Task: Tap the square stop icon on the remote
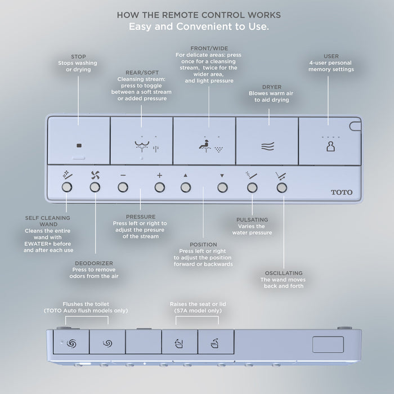79,146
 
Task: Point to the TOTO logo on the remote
342,192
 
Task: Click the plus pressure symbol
159,175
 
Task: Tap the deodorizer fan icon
95,174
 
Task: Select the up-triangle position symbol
185,175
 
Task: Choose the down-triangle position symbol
222,175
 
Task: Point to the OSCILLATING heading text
282,272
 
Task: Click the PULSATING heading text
252,219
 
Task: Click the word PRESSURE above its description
140,216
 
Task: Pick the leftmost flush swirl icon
71,342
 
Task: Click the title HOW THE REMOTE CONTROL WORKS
197,14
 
